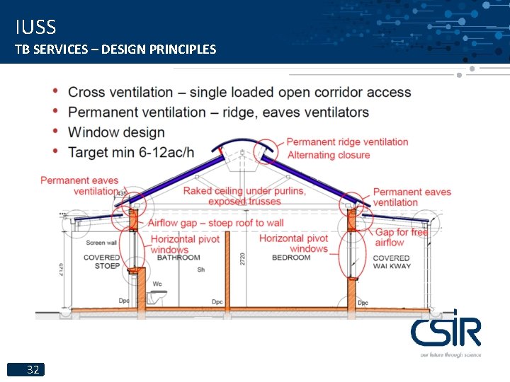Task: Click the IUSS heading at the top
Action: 35,28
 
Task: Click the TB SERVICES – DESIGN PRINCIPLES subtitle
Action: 115,50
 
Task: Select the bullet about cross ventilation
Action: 239,92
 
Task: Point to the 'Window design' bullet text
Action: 116,132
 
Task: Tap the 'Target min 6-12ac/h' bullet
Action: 131,152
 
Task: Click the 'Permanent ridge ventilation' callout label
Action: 347,141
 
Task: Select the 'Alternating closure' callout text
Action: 329,155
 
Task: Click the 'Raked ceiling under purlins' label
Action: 244,191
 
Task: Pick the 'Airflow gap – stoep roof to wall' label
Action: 215,223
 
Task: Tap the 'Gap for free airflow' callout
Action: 401,237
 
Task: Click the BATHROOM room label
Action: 178,257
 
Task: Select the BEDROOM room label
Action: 291,257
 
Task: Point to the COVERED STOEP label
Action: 102,262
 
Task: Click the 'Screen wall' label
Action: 101,243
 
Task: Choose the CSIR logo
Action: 446,331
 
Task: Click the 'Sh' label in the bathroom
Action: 201,270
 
